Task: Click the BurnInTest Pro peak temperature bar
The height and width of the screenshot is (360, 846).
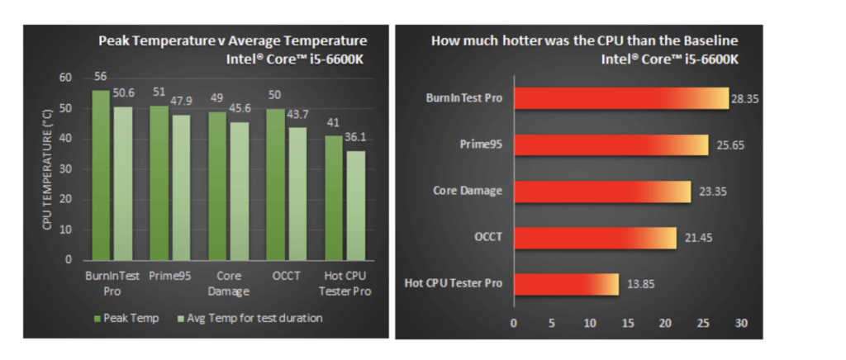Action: [101, 175]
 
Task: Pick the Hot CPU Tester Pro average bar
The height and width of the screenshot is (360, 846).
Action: [355, 205]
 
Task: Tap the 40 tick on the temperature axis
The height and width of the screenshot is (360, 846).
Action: [65, 139]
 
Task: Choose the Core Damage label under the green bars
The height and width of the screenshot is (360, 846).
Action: [229, 284]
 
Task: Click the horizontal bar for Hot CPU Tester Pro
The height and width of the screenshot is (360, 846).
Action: [566, 284]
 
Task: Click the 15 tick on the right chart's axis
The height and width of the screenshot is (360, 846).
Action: [627, 323]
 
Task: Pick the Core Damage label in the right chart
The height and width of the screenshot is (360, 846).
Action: [468, 192]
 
